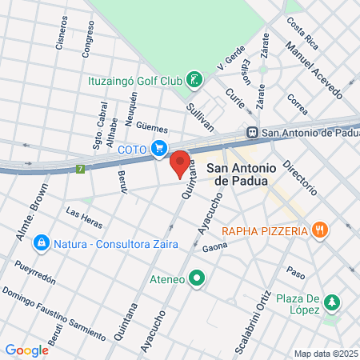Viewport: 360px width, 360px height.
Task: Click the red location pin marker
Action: click(181, 163)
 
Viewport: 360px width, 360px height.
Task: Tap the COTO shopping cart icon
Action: click(159, 148)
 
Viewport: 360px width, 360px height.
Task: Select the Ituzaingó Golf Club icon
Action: click(193, 79)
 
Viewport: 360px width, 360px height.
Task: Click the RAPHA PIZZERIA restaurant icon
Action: click(320, 230)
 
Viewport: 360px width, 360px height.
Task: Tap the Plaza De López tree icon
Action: click(332, 302)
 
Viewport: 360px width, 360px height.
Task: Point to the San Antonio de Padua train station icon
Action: click(252, 133)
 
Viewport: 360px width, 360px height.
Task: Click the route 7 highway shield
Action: click(80, 169)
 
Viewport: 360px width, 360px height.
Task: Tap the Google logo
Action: click(26, 350)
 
